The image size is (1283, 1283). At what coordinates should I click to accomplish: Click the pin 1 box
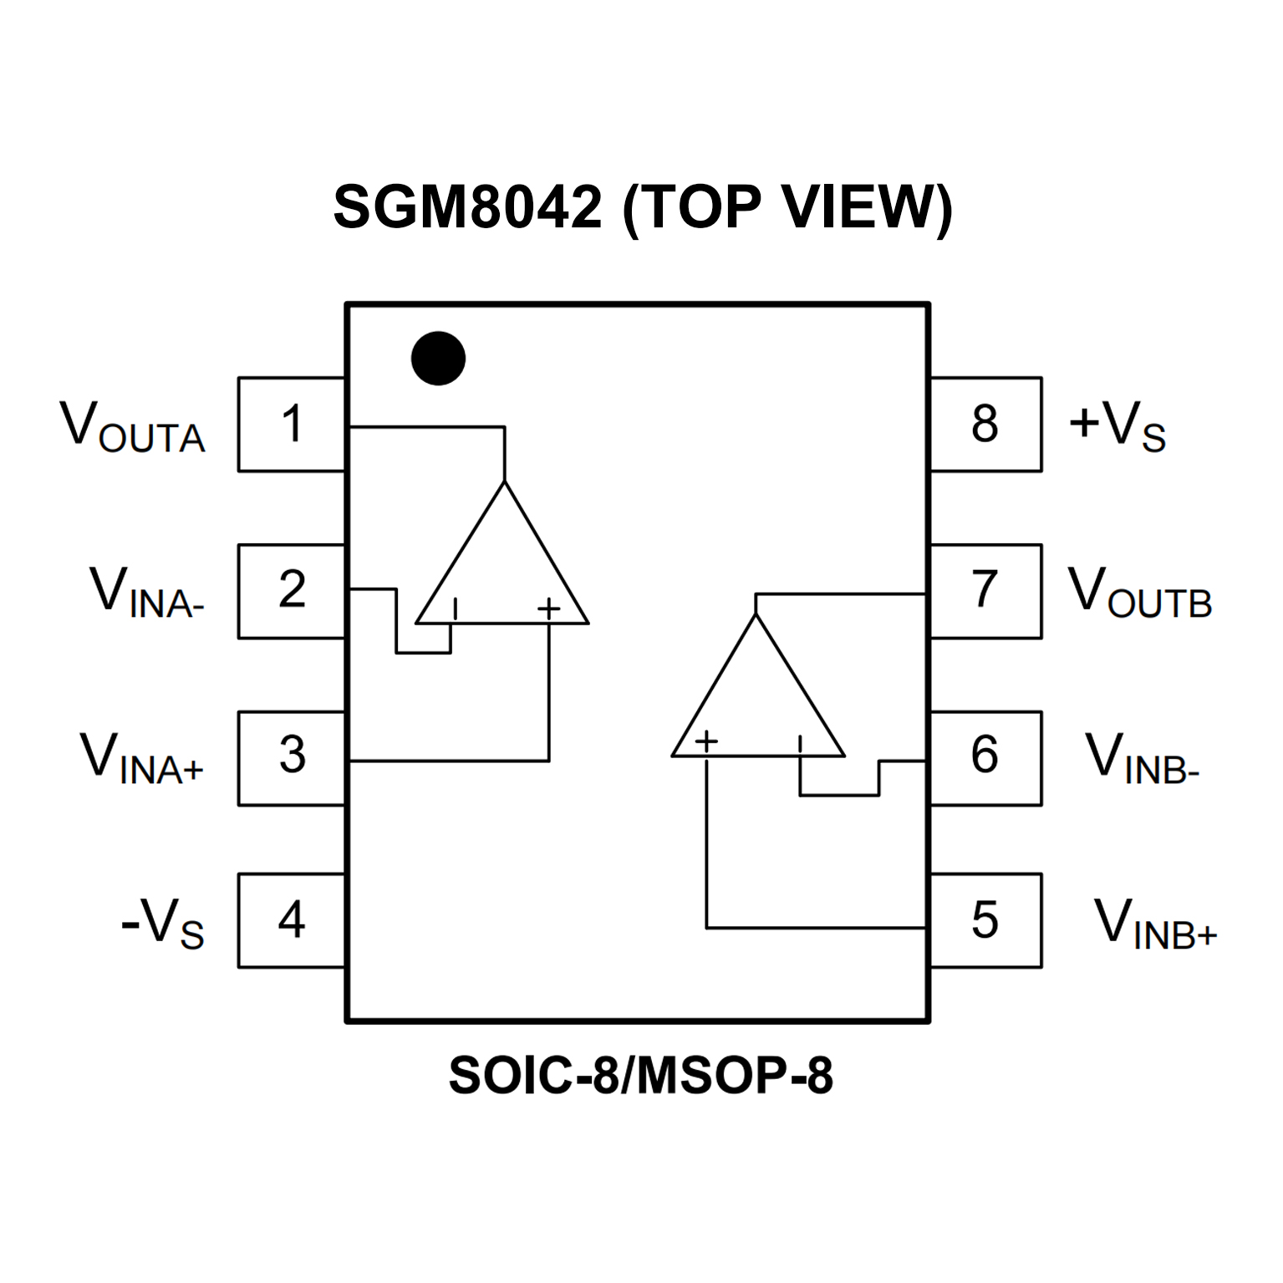point(292,424)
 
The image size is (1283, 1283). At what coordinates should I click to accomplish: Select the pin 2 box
point(292,591)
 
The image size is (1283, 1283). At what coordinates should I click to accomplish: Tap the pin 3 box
point(292,757)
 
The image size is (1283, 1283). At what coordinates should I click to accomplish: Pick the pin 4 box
point(292,920)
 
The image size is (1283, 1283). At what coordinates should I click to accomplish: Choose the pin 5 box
point(985,920)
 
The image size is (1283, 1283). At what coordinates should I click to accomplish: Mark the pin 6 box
point(985,757)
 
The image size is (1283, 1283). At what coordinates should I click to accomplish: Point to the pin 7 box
point(985,591)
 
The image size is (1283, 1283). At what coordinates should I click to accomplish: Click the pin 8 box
point(985,424)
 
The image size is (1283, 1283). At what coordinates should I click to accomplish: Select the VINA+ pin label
point(141,758)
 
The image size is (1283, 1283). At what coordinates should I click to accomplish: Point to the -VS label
point(162,924)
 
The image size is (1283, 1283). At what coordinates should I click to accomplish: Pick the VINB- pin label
point(1142,758)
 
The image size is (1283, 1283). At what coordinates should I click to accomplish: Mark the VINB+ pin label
point(1155,924)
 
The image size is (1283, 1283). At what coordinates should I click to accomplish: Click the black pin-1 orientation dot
point(438,359)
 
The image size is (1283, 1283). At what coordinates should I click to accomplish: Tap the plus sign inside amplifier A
point(548,608)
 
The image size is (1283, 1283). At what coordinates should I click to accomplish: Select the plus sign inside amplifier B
point(706,741)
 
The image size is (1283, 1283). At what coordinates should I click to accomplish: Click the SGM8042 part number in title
point(467,206)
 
